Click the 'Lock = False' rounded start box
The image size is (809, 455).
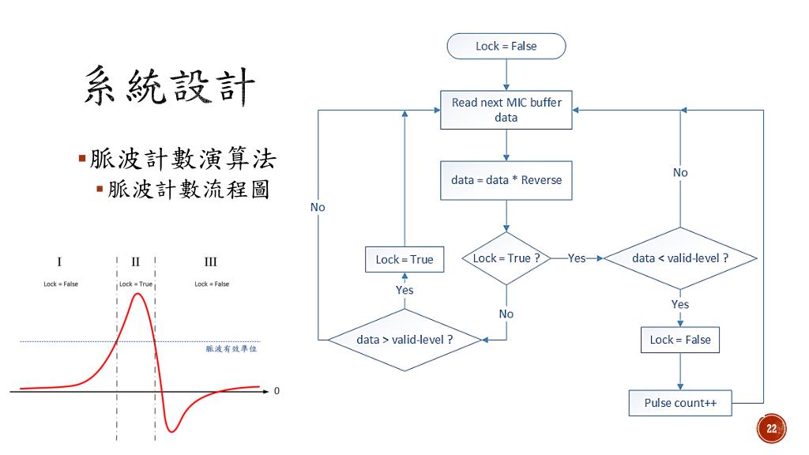(506, 46)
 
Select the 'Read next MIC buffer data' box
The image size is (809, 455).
(506, 110)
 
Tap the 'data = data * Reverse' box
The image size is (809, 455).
(506, 180)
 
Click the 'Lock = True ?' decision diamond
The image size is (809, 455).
(506, 258)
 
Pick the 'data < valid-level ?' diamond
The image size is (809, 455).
(679, 258)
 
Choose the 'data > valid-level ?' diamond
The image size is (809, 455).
(404, 340)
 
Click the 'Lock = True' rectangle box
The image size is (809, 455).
(404, 259)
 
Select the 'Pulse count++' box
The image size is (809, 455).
(680, 403)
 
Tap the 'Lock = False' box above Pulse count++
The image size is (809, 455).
(680, 340)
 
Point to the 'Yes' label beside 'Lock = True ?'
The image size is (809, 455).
(577, 258)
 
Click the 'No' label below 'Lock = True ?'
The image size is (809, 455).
(506, 314)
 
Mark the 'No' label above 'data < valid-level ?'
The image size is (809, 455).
(680, 172)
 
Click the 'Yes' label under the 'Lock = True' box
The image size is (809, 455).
(404, 290)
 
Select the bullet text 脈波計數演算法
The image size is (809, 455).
(182, 160)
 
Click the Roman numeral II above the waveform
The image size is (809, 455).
(136, 262)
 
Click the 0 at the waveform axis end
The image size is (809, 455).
(277, 391)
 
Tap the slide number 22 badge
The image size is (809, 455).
(771, 428)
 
